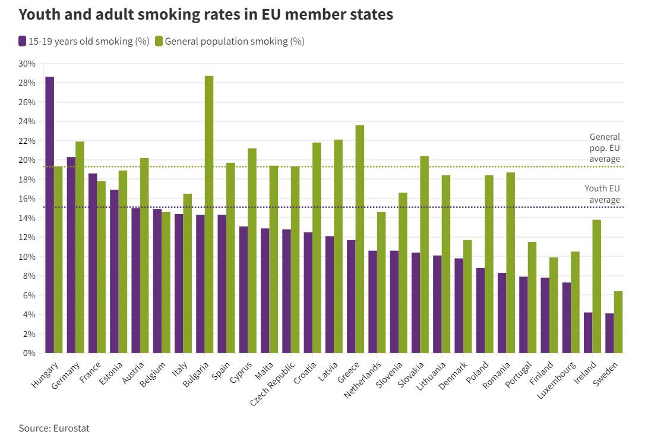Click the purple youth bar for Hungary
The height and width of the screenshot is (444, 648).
coord(49,215)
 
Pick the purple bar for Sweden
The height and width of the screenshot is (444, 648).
coord(609,333)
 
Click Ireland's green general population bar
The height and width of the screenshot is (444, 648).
coord(597,286)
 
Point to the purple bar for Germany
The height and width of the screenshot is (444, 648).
coord(71,255)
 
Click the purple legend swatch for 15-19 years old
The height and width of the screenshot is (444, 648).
coord(22,41)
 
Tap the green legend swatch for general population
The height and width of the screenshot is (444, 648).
coord(159,41)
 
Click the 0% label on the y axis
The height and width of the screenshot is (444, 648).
coord(30,353)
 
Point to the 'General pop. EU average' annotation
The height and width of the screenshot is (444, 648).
coord(604,147)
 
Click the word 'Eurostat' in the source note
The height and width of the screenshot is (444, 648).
coord(71,428)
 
